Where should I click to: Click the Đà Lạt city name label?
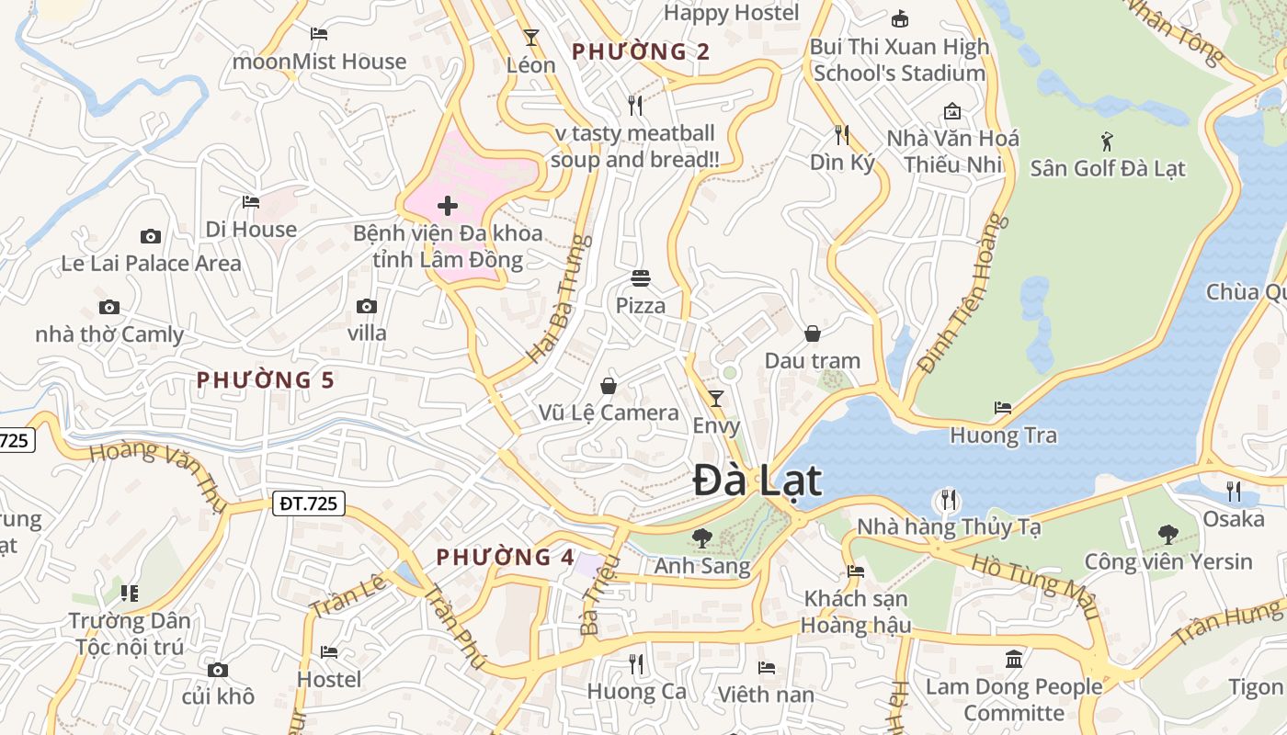click(757, 481)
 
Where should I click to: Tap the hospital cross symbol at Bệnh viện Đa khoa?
click(448, 205)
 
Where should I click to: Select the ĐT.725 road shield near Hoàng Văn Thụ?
click(308, 503)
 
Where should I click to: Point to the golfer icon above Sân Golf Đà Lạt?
click(1107, 141)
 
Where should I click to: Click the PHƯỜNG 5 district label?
click(265, 379)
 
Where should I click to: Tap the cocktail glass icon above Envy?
click(716, 399)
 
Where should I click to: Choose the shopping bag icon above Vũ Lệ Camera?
click(608, 385)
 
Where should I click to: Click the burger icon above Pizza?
click(641, 277)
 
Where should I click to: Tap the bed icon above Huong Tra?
click(1003, 407)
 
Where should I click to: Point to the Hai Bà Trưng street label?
click(557, 299)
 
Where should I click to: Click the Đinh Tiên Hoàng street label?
click(958, 294)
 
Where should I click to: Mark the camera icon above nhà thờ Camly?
click(109, 307)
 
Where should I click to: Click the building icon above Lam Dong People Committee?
click(1014, 659)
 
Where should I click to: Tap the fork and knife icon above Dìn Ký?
click(841, 135)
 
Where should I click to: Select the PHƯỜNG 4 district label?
click(505, 557)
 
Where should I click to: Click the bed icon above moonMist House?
click(319, 34)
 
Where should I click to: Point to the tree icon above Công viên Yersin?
click(1167, 533)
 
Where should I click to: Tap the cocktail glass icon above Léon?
click(530, 38)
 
